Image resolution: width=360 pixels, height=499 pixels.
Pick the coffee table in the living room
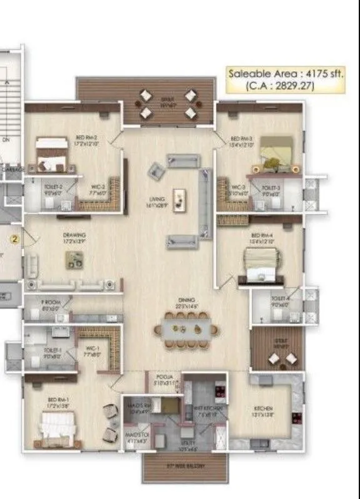pyautogui.click(x=180, y=198)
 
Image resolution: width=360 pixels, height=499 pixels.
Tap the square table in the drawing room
pyautogui.click(x=75, y=260)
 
